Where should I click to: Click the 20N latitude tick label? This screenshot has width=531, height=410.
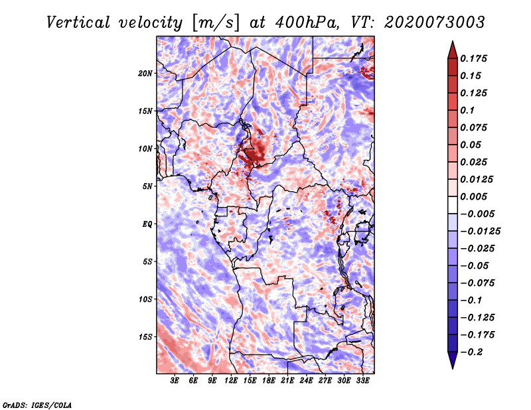(145, 73)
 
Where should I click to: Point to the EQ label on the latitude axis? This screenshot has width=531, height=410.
(147, 224)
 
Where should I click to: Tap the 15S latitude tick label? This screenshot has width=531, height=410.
(145, 337)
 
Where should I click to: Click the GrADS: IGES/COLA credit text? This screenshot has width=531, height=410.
(37, 404)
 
